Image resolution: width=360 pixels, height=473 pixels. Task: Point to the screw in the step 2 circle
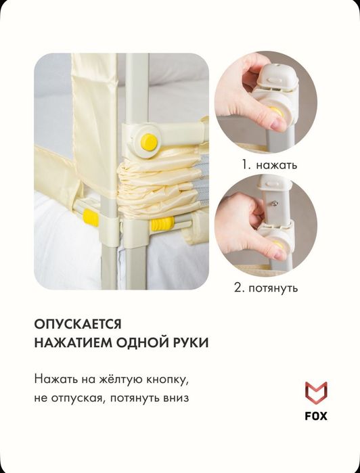click(x=275, y=200)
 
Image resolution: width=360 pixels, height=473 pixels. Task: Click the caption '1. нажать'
click(x=269, y=164)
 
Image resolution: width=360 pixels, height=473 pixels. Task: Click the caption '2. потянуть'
click(x=265, y=287)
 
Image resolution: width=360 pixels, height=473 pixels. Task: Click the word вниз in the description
click(x=174, y=397)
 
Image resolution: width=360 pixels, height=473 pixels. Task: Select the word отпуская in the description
click(x=74, y=397)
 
